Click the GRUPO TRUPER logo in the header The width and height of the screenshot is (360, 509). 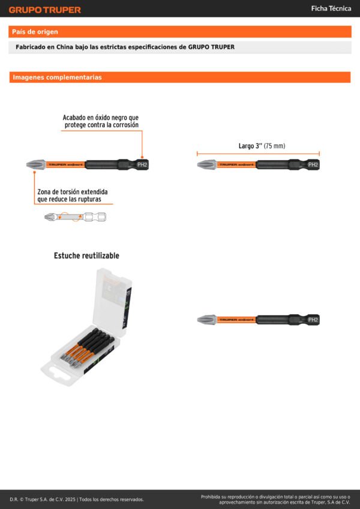(x=44, y=10)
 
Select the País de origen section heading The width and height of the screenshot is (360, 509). (x=35, y=32)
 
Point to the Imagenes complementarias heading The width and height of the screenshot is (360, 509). (x=57, y=77)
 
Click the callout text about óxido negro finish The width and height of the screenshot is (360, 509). (x=101, y=121)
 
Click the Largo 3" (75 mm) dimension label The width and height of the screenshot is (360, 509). (x=262, y=146)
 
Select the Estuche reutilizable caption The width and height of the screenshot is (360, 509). (x=86, y=255)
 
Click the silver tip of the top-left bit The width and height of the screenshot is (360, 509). (x=34, y=164)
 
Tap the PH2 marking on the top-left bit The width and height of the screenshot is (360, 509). (x=142, y=164)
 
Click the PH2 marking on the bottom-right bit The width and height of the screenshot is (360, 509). (x=313, y=320)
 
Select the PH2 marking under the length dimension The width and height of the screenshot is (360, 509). (x=313, y=164)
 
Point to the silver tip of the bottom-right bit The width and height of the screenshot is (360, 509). (x=205, y=320)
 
